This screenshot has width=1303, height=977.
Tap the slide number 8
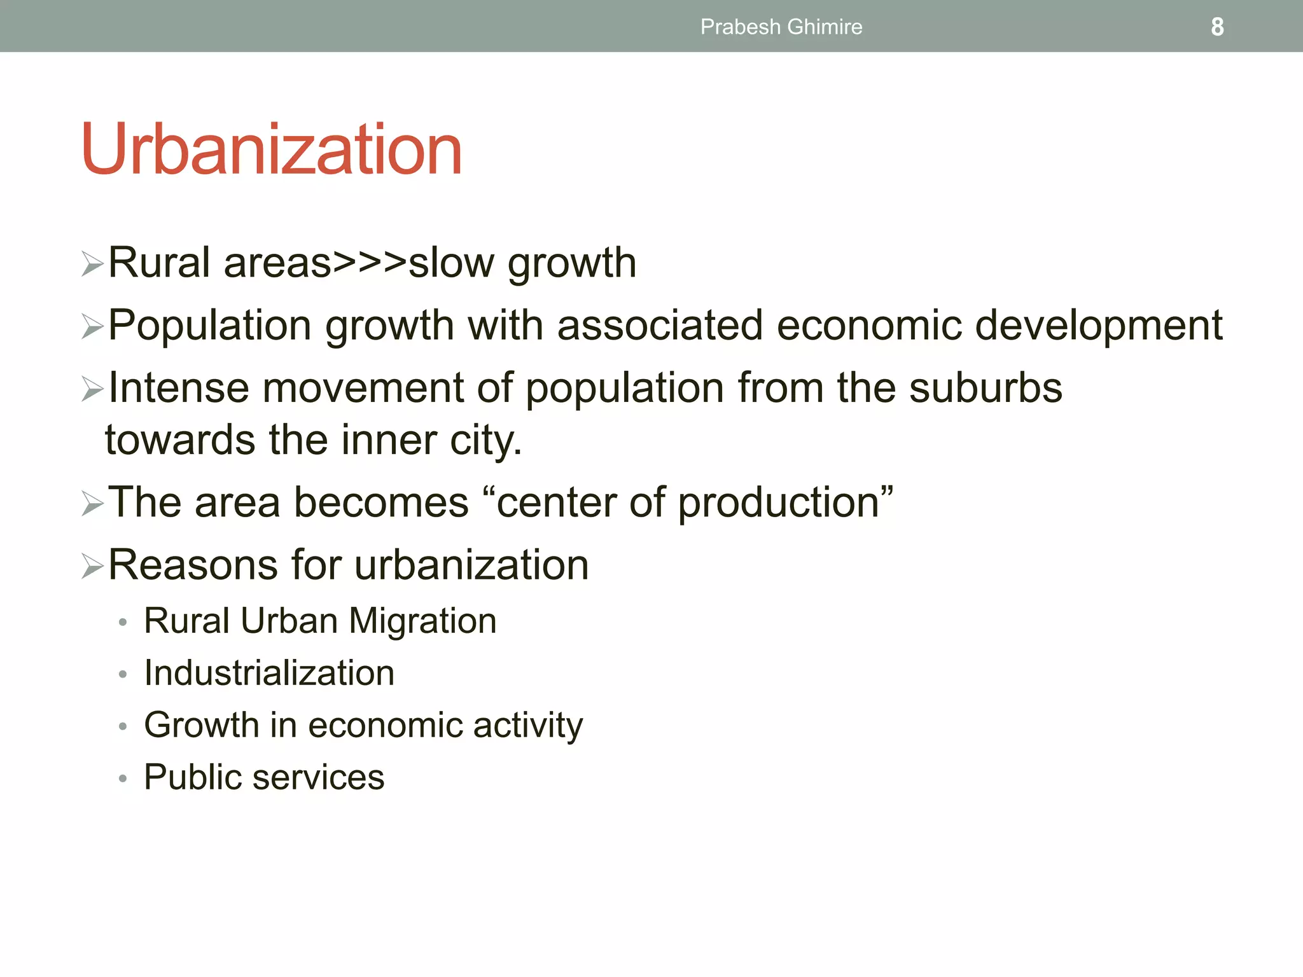click(1216, 27)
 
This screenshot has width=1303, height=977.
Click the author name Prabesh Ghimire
click(781, 27)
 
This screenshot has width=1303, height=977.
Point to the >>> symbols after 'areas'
click(370, 263)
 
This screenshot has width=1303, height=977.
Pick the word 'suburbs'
click(986, 387)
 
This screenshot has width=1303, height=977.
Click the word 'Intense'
click(178, 387)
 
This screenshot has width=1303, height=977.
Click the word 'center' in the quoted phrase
click(556, 502)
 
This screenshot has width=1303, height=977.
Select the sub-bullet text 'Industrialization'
click(269, 673)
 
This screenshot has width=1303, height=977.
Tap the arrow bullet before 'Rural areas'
click(92, 264)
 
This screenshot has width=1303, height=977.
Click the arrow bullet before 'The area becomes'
click(92, 504)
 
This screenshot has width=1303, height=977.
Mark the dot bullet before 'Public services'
click(123, 779)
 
